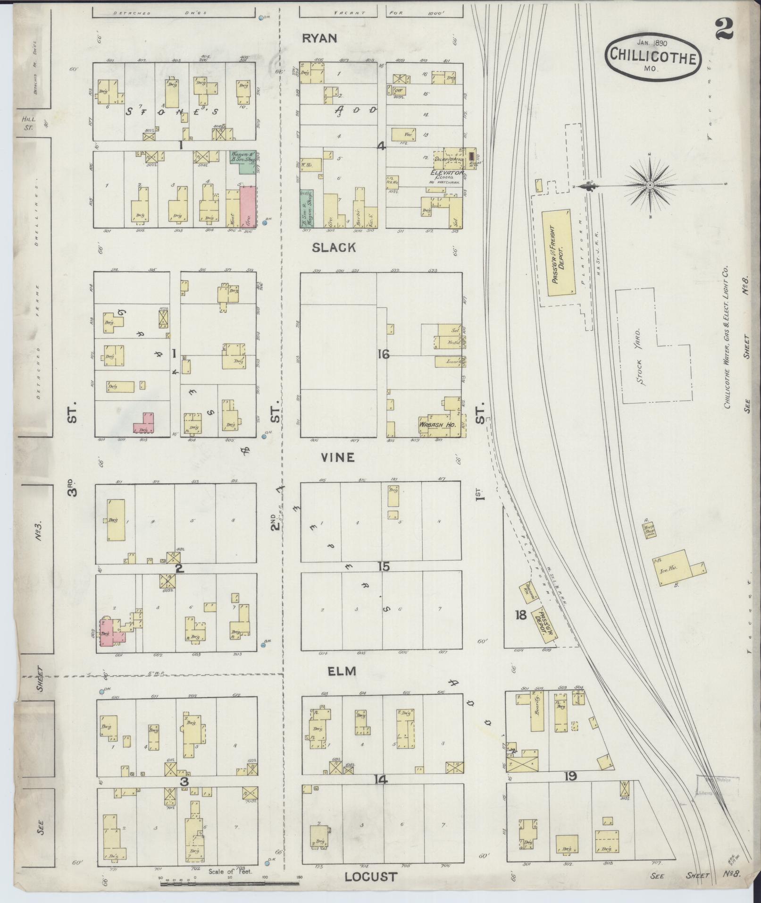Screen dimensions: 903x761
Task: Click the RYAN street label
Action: tap(319, 38)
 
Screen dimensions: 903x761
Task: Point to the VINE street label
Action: tap(337, 457)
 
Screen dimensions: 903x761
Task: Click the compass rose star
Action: tap(650, 186)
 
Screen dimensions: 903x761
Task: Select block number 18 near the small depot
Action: tap(520, 615)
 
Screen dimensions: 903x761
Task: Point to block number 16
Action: tap(383, 354)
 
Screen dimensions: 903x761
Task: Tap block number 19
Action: tap(571, 776)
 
